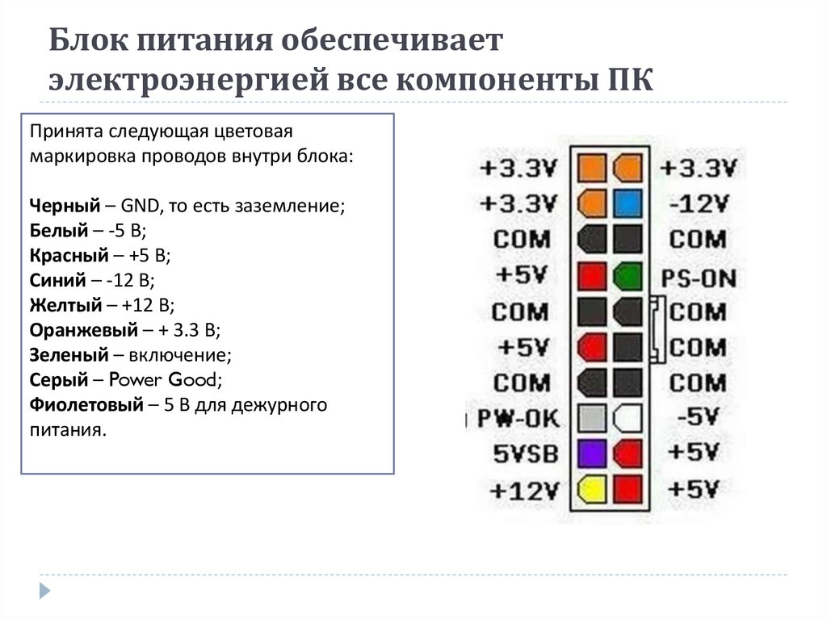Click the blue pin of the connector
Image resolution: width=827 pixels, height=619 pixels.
click(x=628, y=204)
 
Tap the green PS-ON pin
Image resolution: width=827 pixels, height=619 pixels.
click(x=628, y=276)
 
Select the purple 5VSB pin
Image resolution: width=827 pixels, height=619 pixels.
click(x=593, y=453)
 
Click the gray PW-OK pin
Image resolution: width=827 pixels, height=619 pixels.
click(x=593, y=417)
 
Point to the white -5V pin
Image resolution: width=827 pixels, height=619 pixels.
click(x=628, y=417)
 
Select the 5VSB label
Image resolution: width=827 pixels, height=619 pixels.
click(x=526, y=454)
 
